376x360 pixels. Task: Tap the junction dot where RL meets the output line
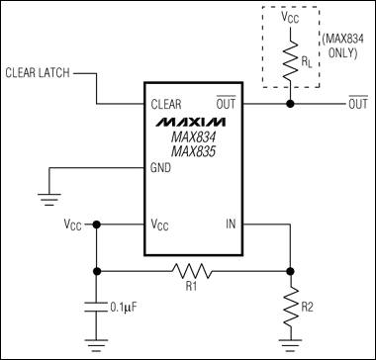point(289,103)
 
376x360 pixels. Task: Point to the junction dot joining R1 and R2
point(289,269)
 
